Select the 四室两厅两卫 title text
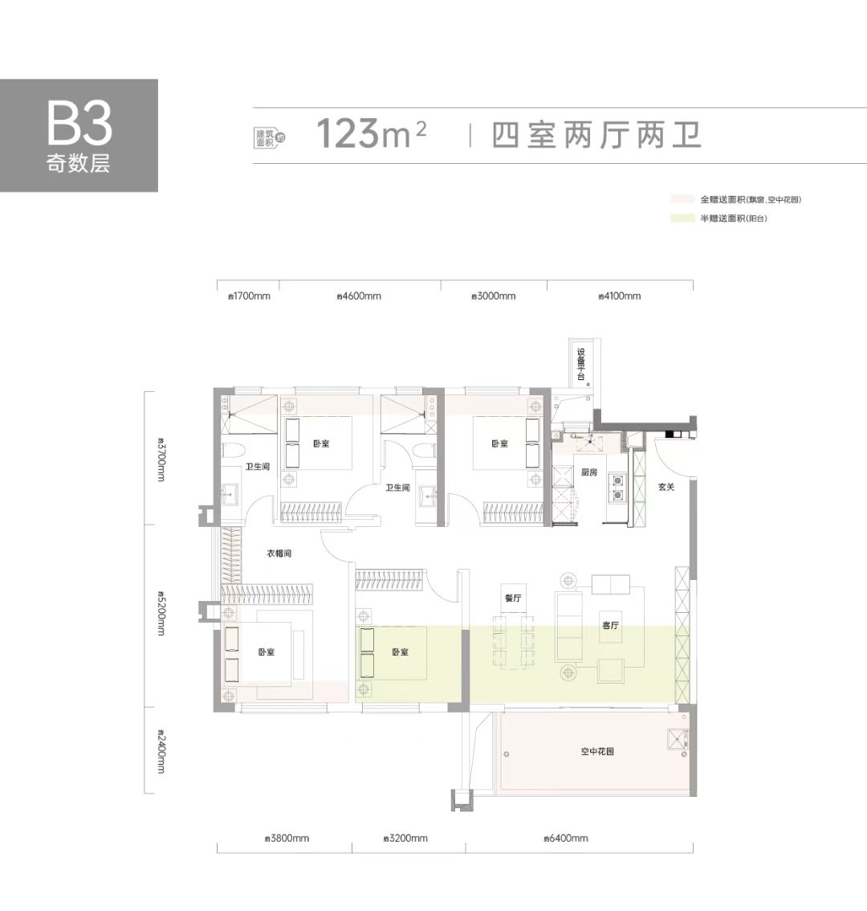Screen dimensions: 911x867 [x=596, y=134]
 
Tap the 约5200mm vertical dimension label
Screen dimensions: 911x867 [x=161, y=615]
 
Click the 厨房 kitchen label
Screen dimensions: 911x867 [x=588, y=472]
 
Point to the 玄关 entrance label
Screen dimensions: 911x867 [x=666, y=486]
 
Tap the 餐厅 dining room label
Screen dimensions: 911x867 [x=514, y=598]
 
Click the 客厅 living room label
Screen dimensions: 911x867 [x=610, y=626]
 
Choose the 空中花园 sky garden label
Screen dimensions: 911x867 [x=597, y=752]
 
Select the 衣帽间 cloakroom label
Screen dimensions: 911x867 [x=279, y=554]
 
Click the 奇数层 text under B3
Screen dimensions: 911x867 [x=78, y=165]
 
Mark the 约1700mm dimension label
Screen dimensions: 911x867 [x=250, y=296]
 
